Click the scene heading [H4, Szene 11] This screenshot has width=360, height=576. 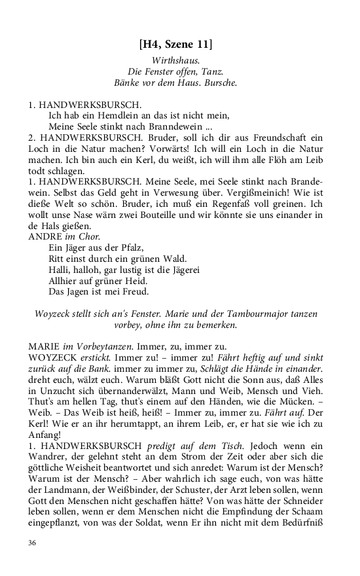coord(179,45)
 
